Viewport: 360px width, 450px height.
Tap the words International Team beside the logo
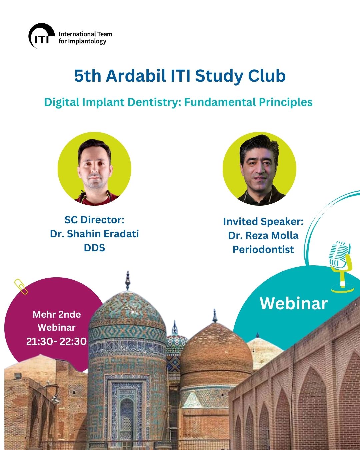point(85,34)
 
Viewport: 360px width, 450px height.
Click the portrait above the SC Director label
point(94,169)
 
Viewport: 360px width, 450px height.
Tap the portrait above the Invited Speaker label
point(259,169)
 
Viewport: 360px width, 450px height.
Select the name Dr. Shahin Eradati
point(94,234)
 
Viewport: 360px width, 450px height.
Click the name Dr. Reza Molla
point(263,235)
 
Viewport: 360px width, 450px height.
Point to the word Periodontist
point(263,249)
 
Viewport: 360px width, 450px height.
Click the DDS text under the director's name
point(94,248)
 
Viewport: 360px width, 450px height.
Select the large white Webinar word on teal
point(294,303)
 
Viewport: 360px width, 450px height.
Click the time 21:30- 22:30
point(56,341)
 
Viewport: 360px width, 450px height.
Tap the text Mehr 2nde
point(57,314)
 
